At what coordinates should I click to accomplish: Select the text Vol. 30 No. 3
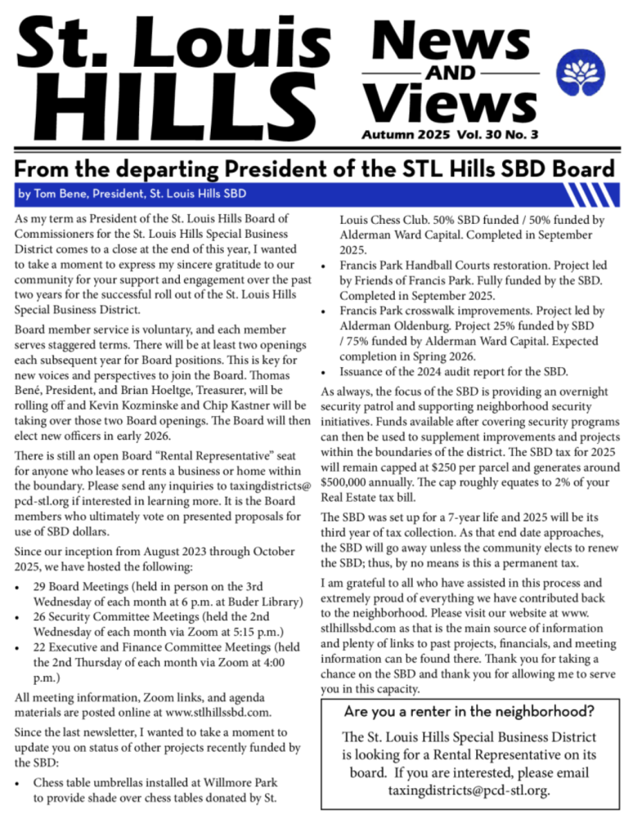(x=499, y=133)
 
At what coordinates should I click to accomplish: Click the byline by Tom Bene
(x=131, y=194)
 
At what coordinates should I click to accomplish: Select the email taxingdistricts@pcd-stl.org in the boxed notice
(x=469, y=790)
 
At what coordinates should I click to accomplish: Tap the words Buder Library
(x=260, y=602)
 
